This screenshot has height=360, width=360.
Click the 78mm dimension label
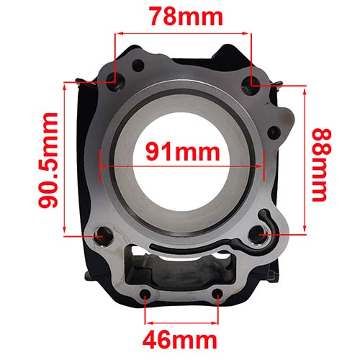[x=181, y=16]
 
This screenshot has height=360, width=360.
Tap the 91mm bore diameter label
[x=181, y=152]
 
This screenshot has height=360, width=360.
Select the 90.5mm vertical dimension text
[x=48, y=159]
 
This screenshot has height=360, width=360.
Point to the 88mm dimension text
[x=322, y=165]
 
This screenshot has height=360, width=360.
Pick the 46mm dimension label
[x=181, y=338]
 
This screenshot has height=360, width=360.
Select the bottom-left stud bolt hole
[x=103, y=234]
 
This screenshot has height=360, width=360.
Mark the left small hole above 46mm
[x=147, y=294]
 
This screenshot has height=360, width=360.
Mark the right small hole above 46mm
[x=217, y=294]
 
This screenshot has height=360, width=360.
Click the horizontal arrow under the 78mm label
[x=181, y=33]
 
